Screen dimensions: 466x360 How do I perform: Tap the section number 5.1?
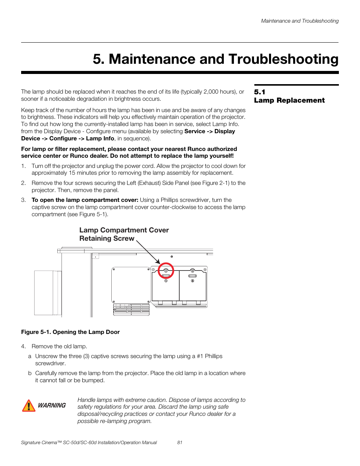point(260,92)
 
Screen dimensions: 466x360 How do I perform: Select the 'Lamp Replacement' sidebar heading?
point(289,100)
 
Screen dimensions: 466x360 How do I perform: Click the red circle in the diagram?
point(166,271)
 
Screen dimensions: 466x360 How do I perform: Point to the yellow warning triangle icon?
point(29,406)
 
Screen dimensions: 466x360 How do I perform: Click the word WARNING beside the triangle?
point(52,406)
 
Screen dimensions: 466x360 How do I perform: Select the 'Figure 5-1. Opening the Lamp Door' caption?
point(70,332)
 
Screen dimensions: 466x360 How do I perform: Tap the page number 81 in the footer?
point(180,443)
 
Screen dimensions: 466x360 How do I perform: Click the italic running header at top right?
point(300,21)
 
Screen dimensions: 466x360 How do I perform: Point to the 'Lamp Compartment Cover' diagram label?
point(124,230)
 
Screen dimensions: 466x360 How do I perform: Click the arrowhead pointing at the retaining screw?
point(158,261)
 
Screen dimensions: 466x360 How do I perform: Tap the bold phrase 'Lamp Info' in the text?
point(100,138)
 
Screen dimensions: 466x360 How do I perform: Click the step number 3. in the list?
point(23,200)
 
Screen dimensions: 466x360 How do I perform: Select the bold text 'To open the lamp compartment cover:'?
point(85,200)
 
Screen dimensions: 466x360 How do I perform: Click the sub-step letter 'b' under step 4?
point(29,373)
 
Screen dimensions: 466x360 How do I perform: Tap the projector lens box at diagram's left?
point(48,292)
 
